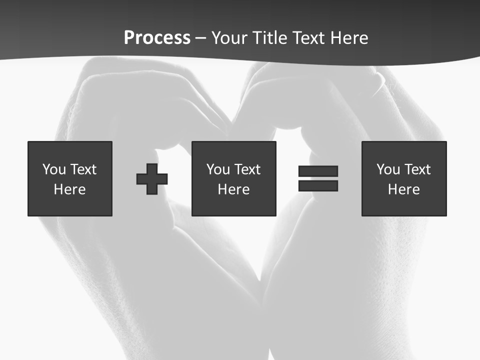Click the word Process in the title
(157, 38)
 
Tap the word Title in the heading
(269, 38)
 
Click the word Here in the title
(349, 38)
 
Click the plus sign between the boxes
(152, 179)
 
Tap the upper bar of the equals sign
(318, 171)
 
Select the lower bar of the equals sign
(318, 186)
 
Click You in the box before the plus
(54, 169)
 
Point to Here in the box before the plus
(70, 189)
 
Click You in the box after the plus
(218, 169)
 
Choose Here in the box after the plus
(234, 189)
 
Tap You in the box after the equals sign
(388, 169)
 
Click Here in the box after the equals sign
(404, 189)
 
